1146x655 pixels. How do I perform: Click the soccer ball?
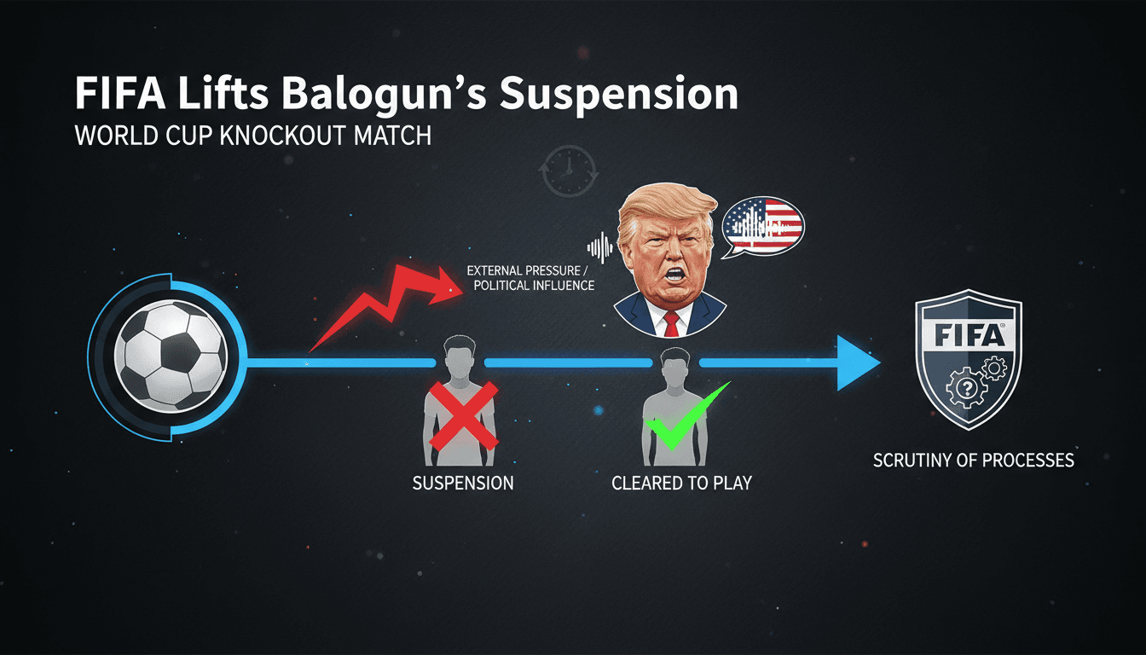click(171, 356)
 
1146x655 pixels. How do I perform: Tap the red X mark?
click(464, 416)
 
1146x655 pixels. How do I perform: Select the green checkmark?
click(686, 416)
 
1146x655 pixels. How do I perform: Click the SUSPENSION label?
click(463, 483)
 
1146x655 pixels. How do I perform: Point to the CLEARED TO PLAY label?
click(681, 483)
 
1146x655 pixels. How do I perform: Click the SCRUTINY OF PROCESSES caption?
click(973, 461)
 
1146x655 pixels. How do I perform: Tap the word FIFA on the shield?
click(969, 336)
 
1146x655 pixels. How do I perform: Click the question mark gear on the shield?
click(966, 388)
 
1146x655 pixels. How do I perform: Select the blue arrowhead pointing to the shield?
click(859, 363)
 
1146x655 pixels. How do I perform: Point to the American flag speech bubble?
click(762, 227)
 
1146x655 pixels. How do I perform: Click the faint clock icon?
click(569, 171)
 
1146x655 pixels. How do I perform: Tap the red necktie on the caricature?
click(671, 324)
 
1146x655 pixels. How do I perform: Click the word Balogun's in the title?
click(384, 94)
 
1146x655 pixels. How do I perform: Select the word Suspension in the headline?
click(618, 94)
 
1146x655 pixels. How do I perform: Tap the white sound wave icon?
click(600, 248)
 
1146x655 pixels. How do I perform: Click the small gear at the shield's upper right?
click(994, 368)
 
